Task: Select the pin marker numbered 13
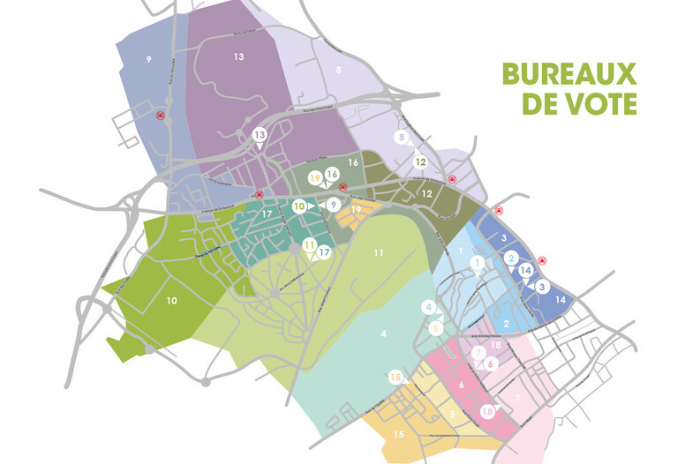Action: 260,135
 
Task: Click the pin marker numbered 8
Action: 403,138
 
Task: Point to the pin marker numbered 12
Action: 422,161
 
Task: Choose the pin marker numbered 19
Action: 315,177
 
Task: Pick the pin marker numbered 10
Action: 300,206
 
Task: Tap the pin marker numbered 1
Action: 478,262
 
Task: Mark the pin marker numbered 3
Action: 542,287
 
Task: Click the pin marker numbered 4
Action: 429,307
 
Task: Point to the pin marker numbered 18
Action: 487,411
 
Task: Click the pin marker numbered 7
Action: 478,354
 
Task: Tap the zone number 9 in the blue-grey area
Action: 149,59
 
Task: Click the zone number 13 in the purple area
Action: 238,56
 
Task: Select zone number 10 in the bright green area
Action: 172,301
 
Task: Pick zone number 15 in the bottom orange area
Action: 398,434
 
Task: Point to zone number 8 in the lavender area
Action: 338,70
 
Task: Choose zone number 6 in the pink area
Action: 461,385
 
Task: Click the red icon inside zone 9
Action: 160,115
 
